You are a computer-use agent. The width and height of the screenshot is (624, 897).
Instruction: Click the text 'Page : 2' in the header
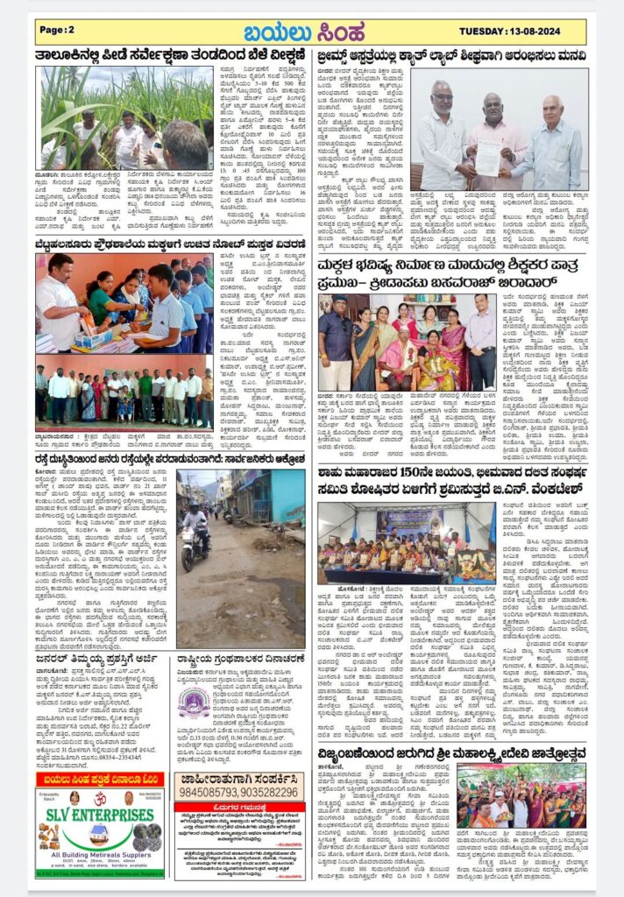click(x=58, y=31)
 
